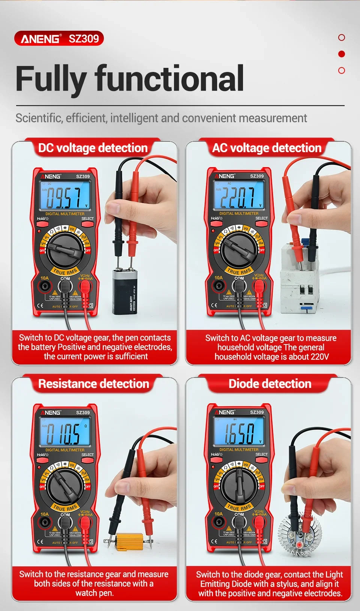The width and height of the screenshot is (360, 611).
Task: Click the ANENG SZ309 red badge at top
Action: click(x=59, y=38)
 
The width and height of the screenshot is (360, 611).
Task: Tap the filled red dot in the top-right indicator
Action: click(x=341, y=54)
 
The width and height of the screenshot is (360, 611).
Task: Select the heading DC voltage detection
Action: click(x=93, y=148)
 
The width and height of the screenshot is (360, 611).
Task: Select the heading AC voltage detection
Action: click(x=267, y=148)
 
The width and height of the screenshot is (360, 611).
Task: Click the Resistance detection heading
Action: click(x=93, y=384)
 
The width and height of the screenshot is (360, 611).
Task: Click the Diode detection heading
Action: click(x=270, y=384)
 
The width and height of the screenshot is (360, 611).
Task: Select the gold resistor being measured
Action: click(x=129, y=542)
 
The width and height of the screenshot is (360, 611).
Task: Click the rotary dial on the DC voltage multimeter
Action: click(x=65, y=250)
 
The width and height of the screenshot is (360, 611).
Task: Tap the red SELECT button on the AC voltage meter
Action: click(x=261, y=224)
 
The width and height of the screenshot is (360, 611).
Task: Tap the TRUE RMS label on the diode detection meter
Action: click(x=239, y=507)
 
